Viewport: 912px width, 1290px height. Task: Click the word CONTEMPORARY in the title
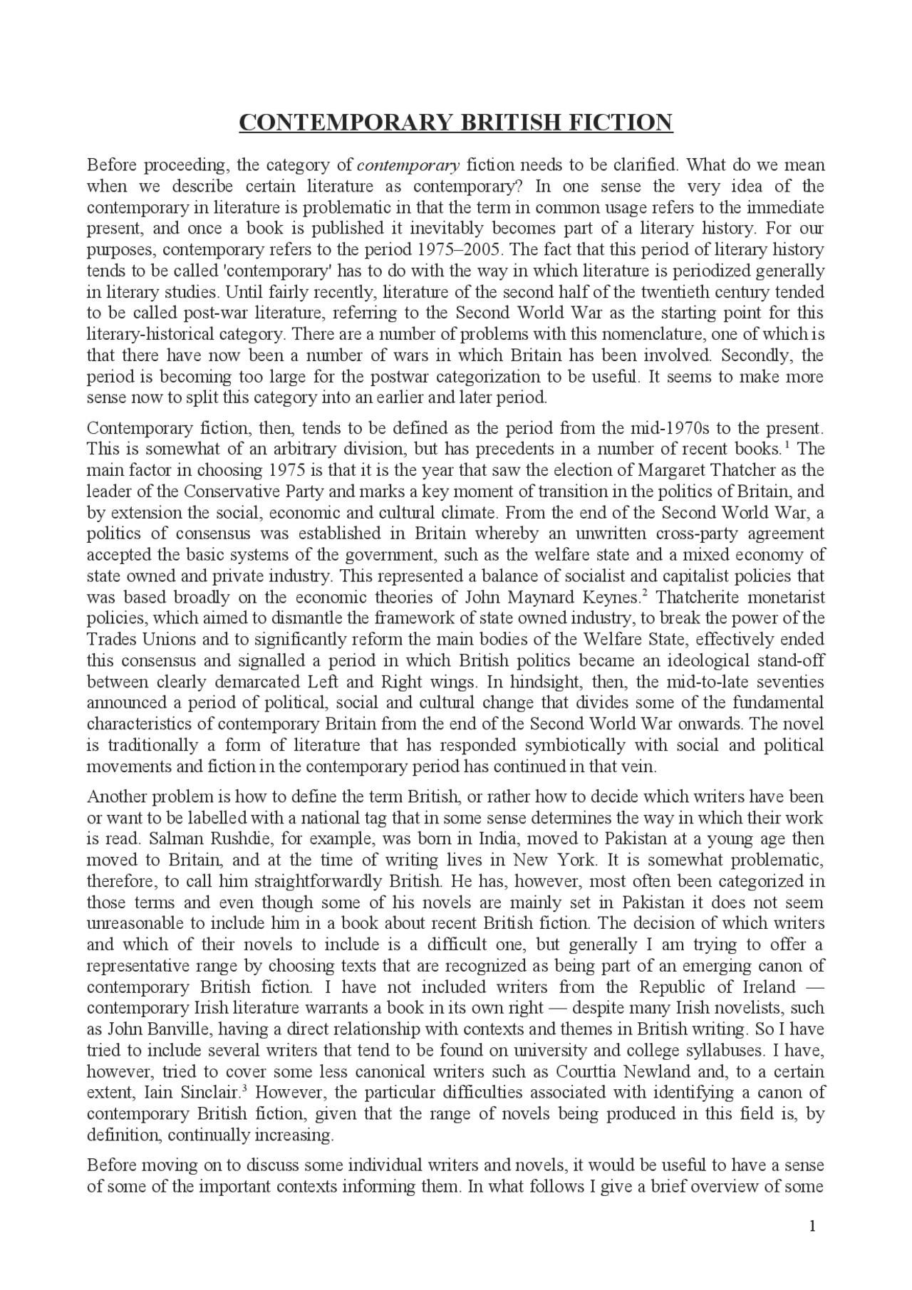pos(346,123)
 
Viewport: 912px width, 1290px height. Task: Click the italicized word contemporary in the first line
pos(408,166)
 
